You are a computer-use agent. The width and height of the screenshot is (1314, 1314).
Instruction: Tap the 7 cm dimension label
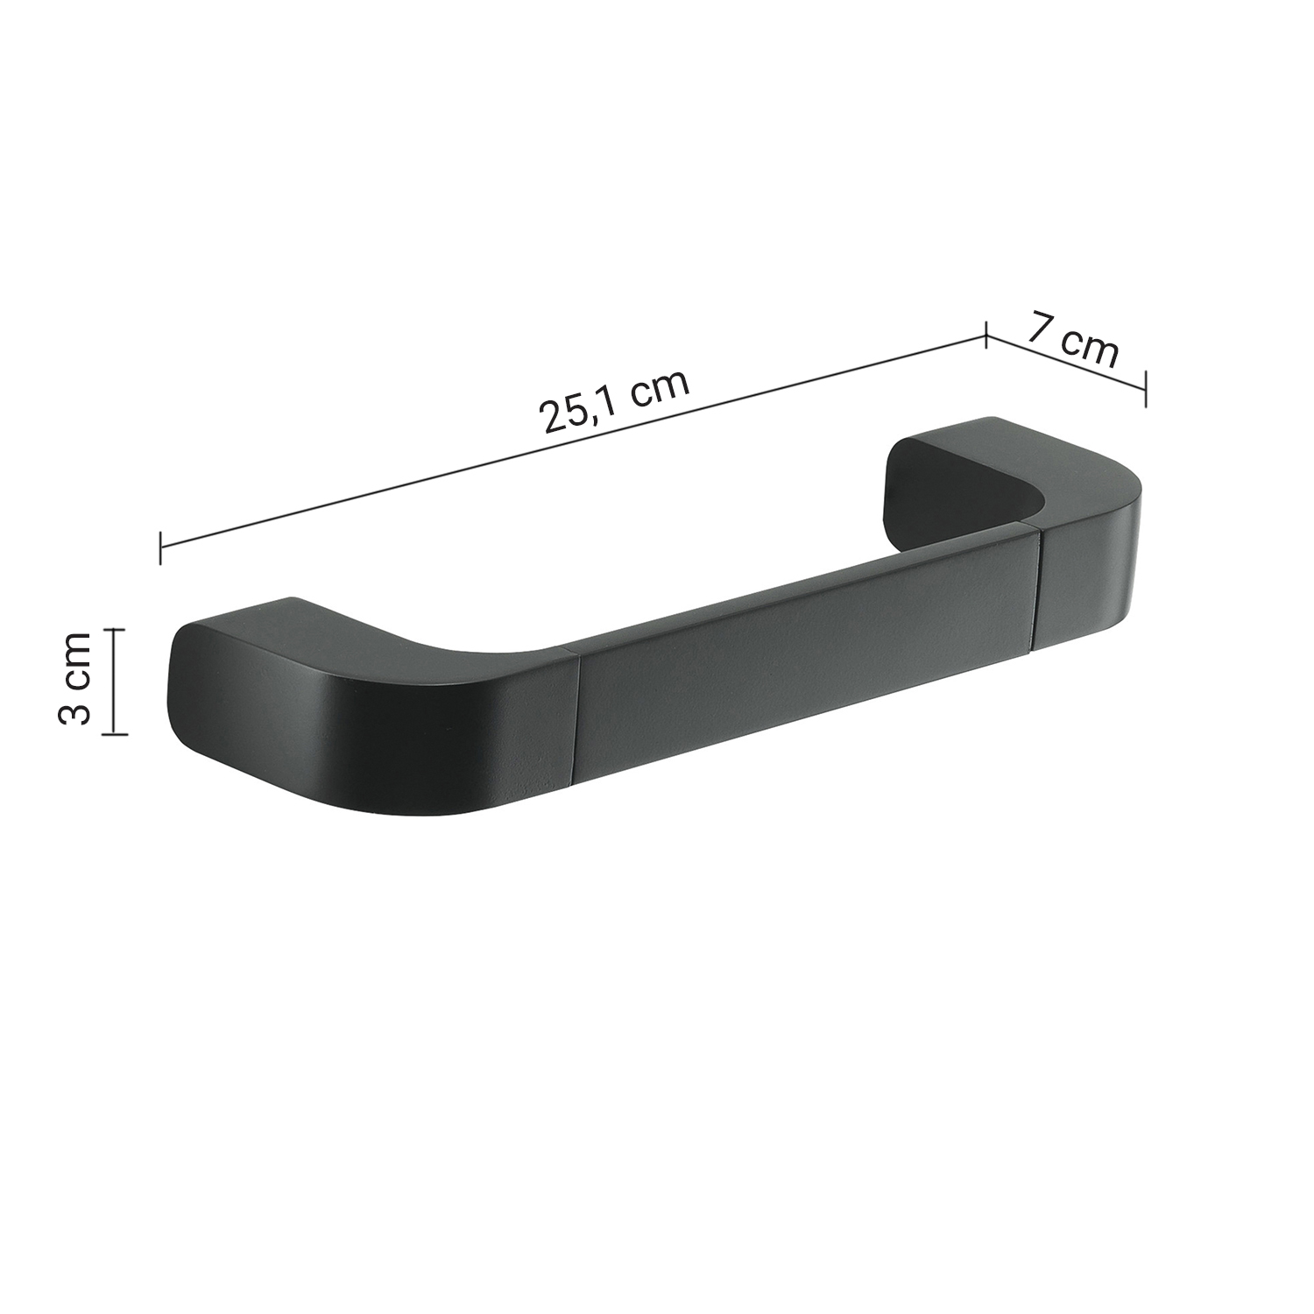tap(1074, 339)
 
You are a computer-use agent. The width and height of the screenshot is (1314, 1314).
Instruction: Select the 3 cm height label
tap(74, 680)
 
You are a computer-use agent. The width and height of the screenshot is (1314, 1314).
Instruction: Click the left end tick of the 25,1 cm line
tap(160, 547)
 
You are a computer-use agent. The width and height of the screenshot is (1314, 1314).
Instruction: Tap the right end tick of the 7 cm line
tap(1146, 387)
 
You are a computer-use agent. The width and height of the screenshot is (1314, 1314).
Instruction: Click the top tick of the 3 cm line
tap(115, 629)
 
